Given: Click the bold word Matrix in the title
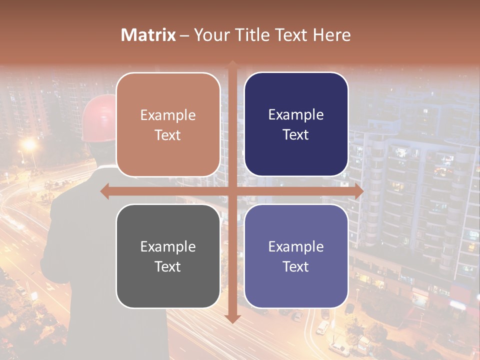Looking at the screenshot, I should click(148, 35).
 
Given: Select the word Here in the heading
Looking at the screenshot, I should click(332, 35).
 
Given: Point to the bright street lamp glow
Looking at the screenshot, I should click(29, 145).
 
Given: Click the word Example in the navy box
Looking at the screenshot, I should click(296, 115).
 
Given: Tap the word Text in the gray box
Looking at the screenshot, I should click(168, 266).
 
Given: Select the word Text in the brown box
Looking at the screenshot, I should click(168, 135).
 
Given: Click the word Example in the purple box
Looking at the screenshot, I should click(296, 246).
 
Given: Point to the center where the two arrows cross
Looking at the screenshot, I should click(232, 191).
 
